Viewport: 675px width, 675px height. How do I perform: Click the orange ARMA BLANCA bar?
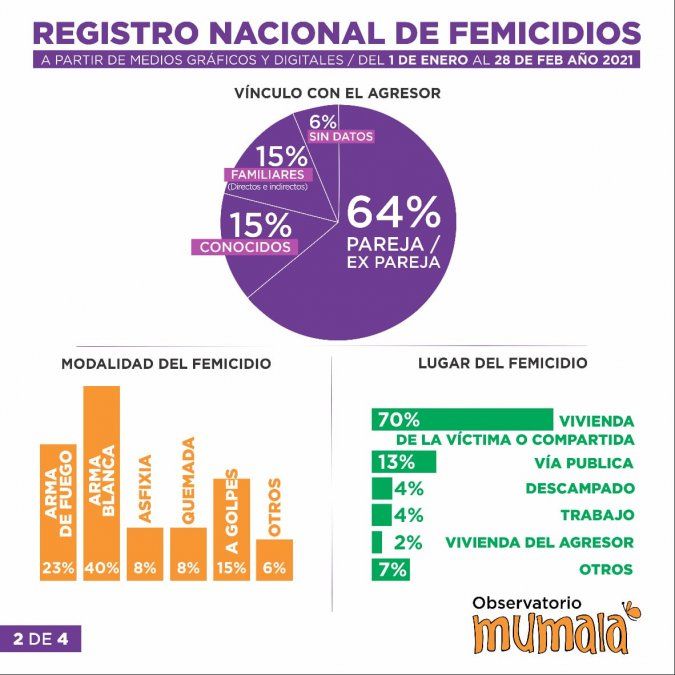coord(101,482)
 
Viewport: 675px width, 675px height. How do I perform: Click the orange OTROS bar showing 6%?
coord(275,559)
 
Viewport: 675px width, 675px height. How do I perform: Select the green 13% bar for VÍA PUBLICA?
coord(403,462)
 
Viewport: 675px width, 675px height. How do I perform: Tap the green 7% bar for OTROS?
coord(389,569)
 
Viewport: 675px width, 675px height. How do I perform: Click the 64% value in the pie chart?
coord(393,211)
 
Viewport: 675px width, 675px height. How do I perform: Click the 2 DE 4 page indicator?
coord(40,638)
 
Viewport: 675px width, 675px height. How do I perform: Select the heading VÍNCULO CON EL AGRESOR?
coord(337,93)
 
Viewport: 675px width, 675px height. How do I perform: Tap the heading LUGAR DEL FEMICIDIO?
coord(502,363)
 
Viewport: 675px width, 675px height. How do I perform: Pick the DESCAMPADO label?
coord(580,489)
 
